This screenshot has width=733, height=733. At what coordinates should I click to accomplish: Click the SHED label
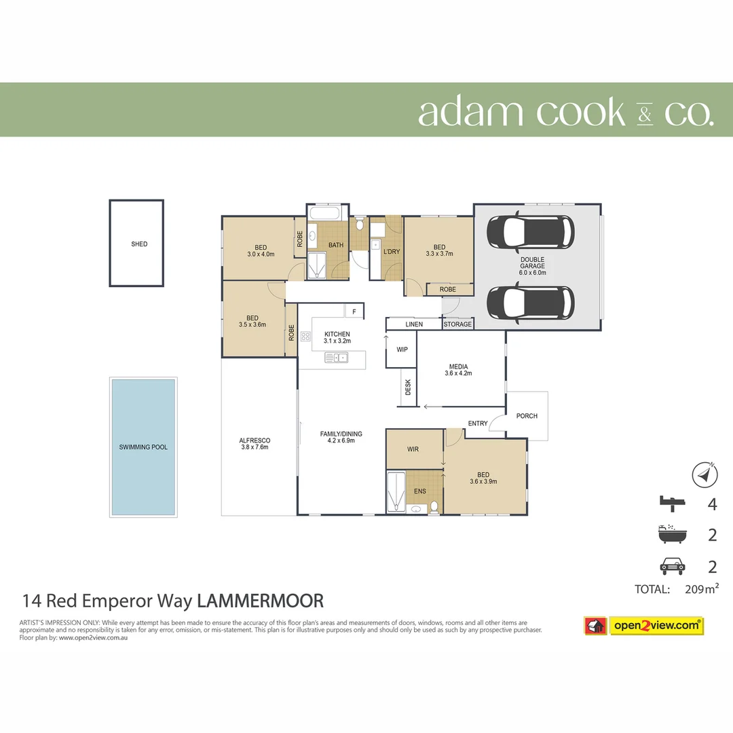click(x=139, y=244)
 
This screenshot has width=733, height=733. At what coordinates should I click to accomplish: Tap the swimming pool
click(x=143, y=447)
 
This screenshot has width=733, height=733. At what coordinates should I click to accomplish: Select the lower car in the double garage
click(x=531, y=301)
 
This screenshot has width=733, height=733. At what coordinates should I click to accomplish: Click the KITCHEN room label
click(x=337, y=334)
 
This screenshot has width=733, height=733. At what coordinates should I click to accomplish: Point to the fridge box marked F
click(x=354, y=312)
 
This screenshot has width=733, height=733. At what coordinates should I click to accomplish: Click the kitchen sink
click(x=337, y=358)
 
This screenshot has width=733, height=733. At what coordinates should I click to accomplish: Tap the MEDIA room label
click(x=458, y=366)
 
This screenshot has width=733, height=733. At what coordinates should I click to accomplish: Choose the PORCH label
click(x=527, y=416)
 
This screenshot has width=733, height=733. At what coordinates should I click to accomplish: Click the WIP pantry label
click(x=402, y=350)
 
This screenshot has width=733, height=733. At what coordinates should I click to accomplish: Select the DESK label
click(x=408, y=388)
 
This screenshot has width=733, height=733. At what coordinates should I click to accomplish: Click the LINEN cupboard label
click(x=414, y=324)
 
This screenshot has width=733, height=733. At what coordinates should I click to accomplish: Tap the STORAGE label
click(x=457, y=324)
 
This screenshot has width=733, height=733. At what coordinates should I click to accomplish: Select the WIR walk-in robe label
click(x=413, y=449)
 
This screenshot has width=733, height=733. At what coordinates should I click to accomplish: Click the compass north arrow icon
click(x=705, y=474)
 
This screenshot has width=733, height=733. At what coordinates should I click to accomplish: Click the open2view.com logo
click(x=656, y=625)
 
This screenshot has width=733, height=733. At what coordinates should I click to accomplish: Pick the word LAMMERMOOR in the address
click(x=260, y=601)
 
